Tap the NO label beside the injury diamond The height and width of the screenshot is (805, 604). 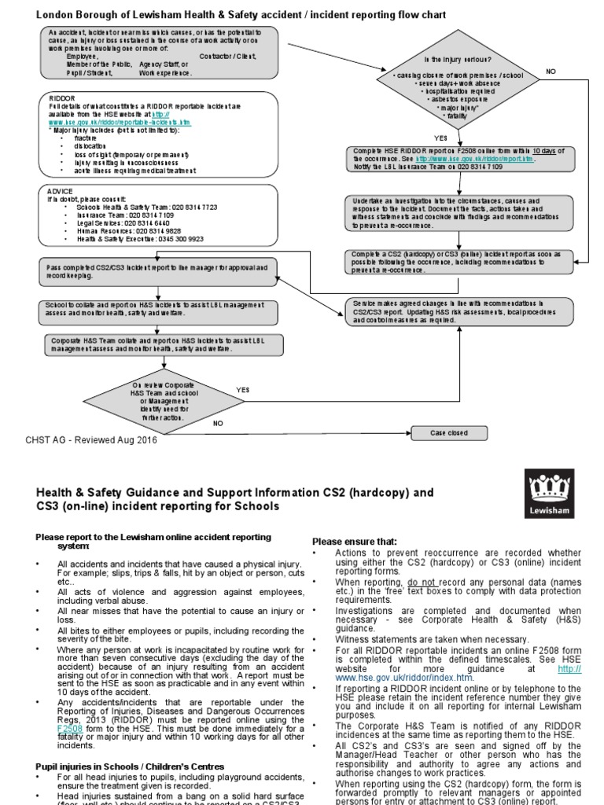coord(551,71)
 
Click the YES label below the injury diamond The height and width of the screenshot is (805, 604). coord(440,138)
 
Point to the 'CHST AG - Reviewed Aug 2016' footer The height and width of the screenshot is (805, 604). coord(91,441)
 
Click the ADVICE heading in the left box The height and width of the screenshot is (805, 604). coord(60,190)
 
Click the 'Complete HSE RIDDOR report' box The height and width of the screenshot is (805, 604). coord(459,158)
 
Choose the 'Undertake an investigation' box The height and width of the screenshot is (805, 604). coord(459,213)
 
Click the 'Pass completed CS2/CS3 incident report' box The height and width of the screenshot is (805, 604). coord(160,272)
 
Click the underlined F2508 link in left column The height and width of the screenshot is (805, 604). coord(70,706)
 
